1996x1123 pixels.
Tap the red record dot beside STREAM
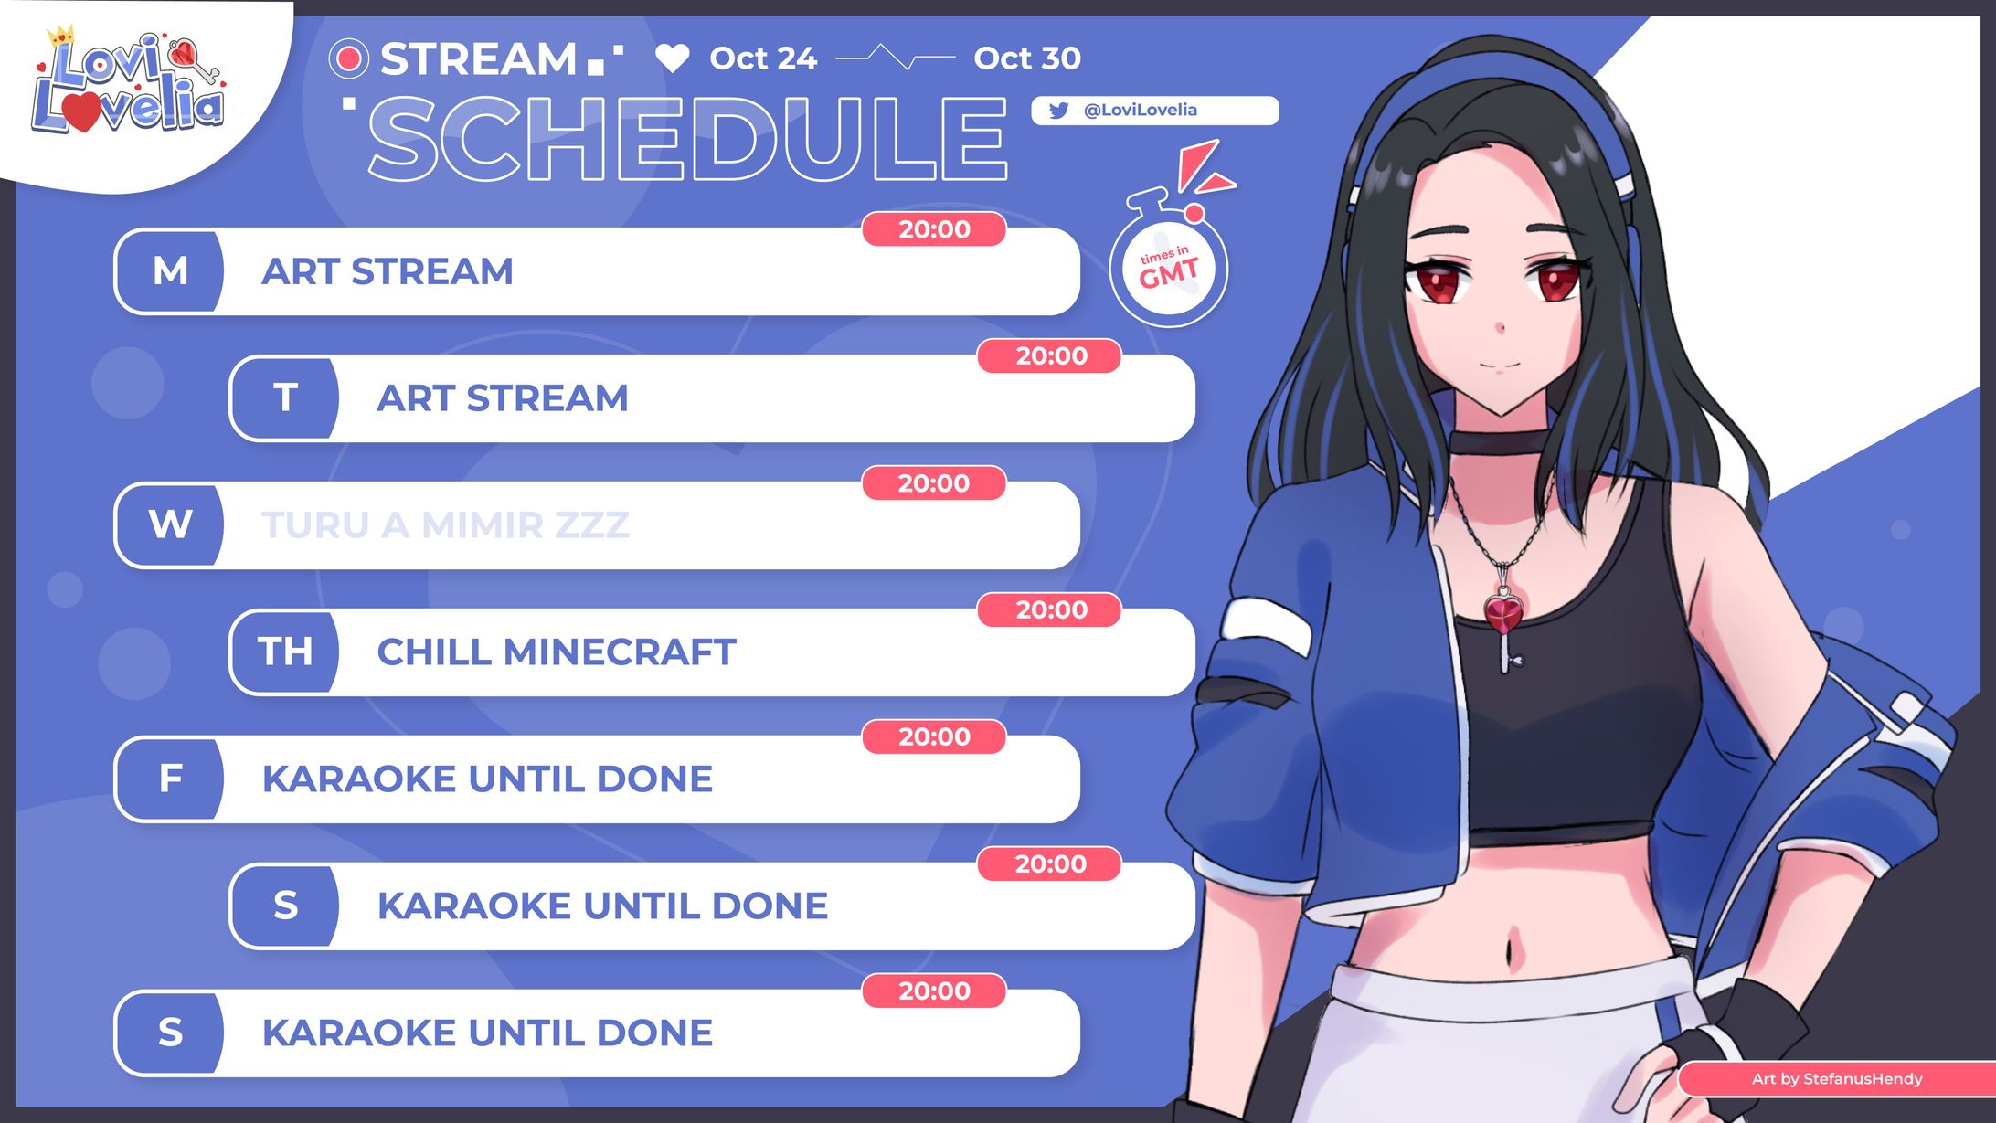click(x=348, y=58)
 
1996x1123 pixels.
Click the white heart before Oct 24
click(x=673, y=58)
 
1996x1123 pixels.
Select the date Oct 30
click(x=1026, y=58)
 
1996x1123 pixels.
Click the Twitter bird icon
click(x=1058, y=111)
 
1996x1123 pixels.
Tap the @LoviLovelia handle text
click(x=1140, y=111)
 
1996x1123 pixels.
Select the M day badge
click(x=170, y=271)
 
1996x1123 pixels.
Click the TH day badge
click(x=285, y=652)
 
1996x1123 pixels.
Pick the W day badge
click(x=170, y=525)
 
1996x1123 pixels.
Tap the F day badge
click(x=170, y=779)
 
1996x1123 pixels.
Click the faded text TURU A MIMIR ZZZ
click(x=445, y=525)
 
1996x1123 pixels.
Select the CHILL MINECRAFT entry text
click(x=556, y=652)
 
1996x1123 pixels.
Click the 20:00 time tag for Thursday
click(x=1050, y=609)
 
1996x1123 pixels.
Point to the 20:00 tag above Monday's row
click(x=934, y=229)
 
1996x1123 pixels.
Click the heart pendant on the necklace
click(x=1502, y=612)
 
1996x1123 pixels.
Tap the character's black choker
click(x=1499, y=442)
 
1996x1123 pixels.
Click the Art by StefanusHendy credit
click(x=1837, y=1079)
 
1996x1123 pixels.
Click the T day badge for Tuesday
click(x=285, y=398)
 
